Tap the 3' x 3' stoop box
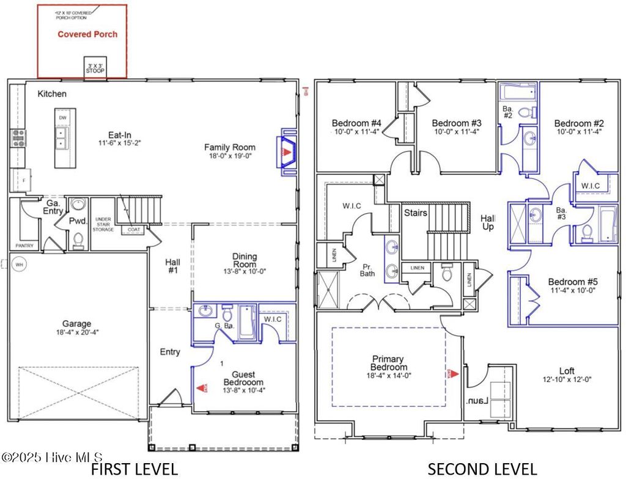pos(95,68)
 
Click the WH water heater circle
pos(19,265)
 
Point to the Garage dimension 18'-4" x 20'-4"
pos(76,333)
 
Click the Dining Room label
pos(245,261)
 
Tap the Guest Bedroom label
pos(243,379)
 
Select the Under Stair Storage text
pos(103,223)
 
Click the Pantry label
pos(25,246)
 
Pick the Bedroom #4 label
pos(357,122)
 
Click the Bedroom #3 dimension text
pos(455,131)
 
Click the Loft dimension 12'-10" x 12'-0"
pos(567,379)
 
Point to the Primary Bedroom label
pos(389,364)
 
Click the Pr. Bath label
pos(367,270)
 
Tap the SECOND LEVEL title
pos(482,469)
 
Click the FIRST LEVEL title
pos(134,469)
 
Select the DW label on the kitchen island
pos(62,117)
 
